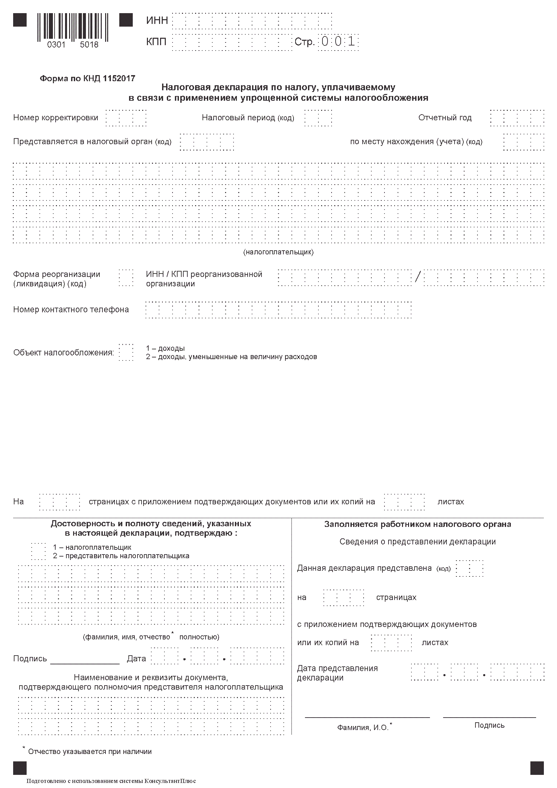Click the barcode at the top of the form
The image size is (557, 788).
[73, 27]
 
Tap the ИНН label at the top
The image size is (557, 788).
[157, 21]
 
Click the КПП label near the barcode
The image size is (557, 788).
[156, 42]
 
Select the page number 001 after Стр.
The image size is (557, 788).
[338, 42]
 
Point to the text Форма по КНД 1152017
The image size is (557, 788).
[88, 78]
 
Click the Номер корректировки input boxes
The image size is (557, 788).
[126, 118]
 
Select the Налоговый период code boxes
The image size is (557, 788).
[318, 118]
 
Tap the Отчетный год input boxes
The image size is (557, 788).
[517, 118]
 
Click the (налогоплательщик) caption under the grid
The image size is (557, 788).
[278, 252]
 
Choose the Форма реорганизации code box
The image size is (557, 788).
[126, 278]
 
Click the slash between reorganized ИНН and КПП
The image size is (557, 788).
[417, 277]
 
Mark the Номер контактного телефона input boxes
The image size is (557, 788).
[278, 310]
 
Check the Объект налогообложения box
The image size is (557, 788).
[126, 352]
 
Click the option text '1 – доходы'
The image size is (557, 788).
[165, 348]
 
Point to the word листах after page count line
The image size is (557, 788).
[450, 502]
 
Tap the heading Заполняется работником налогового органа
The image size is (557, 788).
[417, 525]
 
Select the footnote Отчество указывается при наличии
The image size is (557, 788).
[90, 752]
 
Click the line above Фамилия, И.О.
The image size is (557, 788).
[367, 717]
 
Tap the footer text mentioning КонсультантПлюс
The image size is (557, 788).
[111, 781]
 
